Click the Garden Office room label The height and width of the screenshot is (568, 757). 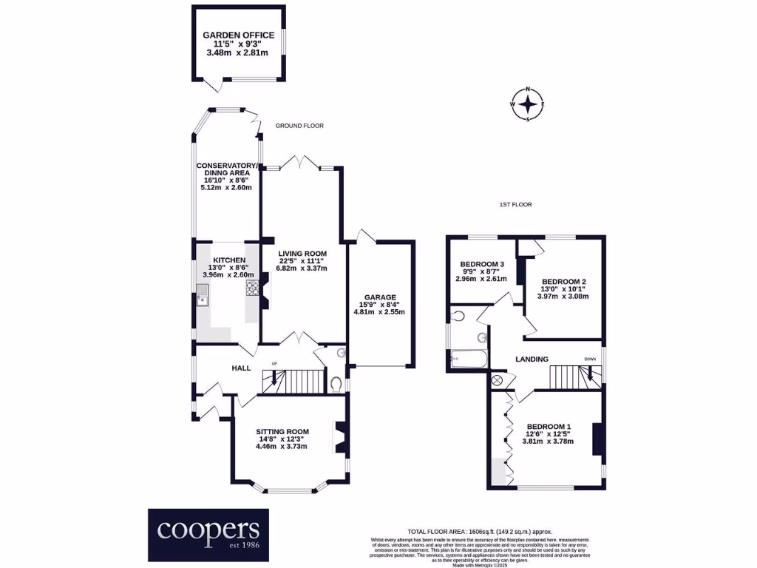pos(239,35)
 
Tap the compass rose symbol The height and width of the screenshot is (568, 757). pos(528,104)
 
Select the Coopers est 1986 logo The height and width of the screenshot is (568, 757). pos(208,534)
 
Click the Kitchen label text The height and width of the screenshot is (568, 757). pos(229,260)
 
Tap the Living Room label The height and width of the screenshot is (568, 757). pos(302,254)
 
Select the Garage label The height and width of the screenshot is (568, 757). pos(379,297)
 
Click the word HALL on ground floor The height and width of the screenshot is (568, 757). pos(242,368)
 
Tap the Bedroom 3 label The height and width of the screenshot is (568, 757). pos(482,264)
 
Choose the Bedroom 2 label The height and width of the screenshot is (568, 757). pos(563,282)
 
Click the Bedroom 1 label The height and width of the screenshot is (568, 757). pos(549,427)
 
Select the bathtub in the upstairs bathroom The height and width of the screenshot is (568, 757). pos(469,360)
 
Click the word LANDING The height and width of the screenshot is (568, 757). pos(532,359)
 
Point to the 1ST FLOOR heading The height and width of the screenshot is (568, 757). pos(516,204)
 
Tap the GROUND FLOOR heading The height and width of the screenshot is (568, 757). pos(299,126)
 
